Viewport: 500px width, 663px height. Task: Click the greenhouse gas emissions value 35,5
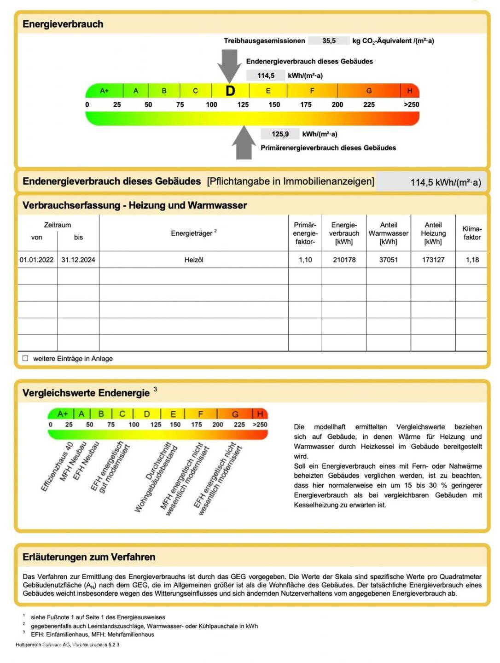click(329, 41)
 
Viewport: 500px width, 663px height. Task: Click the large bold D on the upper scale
click(230, 91)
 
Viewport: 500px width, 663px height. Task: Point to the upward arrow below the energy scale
click(244, 143)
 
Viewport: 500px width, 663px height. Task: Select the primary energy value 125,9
click(280, 134)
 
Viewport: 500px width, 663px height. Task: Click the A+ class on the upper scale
click(105, 91)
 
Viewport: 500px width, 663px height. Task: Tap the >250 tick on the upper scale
click(411, 105)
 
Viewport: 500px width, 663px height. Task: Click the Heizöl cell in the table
click(194, 260)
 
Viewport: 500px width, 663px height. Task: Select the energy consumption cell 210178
click(344, 260)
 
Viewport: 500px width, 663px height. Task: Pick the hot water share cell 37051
click(388, 260)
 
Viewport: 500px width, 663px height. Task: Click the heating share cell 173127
click(433, 260)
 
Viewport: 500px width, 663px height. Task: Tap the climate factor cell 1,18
click(472, 260)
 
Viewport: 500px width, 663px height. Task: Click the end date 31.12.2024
click(78, 260)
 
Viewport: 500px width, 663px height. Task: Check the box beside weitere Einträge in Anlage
click(25, 358)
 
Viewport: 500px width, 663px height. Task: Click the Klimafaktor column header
click(472, 233)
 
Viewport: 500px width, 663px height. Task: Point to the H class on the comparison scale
click(260, 413)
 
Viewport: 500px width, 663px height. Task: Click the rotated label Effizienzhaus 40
click(57, 467)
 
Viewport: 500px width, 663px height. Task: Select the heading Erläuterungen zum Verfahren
click(89, 557)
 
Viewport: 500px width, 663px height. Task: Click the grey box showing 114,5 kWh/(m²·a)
click(433, 182)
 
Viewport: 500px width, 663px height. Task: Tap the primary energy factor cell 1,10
click(305, 260)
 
